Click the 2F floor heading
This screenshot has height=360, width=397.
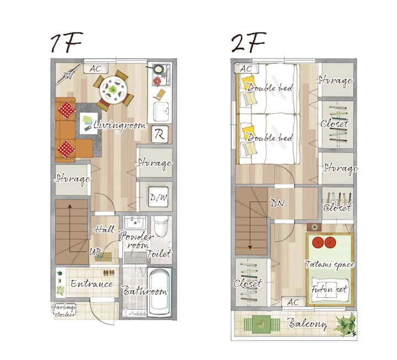pyautogui.click(x=248, y=42)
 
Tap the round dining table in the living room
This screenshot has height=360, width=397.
pyautogui.click(x=113, y=89)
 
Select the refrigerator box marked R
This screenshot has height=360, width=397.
pyautogui.click(x=160, y=134)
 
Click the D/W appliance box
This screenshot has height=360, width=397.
pyautogui.click(x=158, y=197)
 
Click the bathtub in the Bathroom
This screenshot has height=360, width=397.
pyautogui.click(x=159, y=292)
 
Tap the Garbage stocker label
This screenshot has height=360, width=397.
pyautogui.click(x=65, y=310)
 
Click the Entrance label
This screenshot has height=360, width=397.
pyautogui.click(x=92, y=283)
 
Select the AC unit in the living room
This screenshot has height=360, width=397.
pyautogui.click(x=96, y=68)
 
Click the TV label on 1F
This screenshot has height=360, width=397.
pyautogui.click(x=67, y=76)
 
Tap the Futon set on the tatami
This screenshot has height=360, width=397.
pyautogui.click(x=329, y=289)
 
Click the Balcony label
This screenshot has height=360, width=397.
pyautogui.click(x=307, y=324)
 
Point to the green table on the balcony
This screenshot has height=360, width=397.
pyautogui.click(x=261, y=324)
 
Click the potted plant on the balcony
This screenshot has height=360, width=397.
pyautogui.click(x=345, y=324)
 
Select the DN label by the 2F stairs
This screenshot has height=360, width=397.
pyautogui.click(x=277, y=203)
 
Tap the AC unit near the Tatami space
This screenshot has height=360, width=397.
pyautogui.click(x=294, y=302)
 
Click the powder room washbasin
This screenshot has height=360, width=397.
pyautogui.click(x=135, y=223)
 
